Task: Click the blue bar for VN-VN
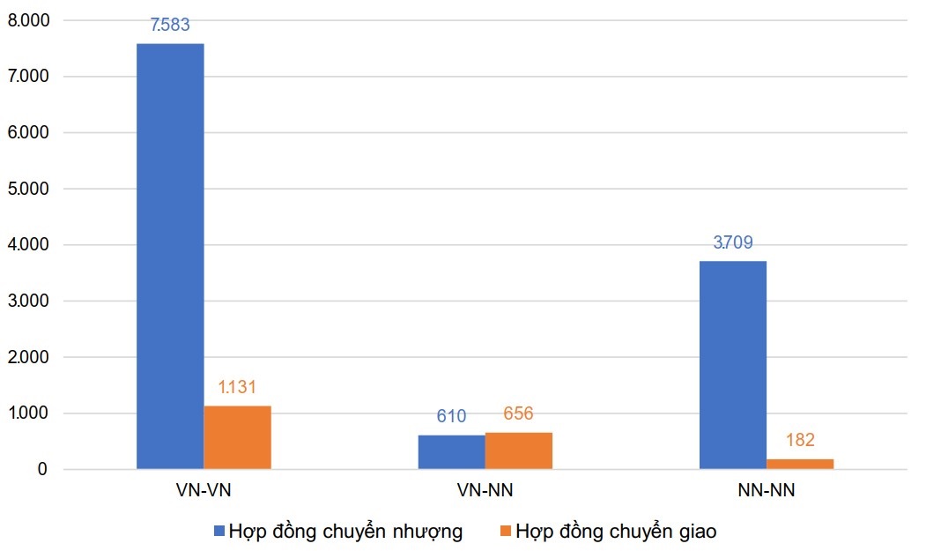(170, 256)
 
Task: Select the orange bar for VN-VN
(237, 437)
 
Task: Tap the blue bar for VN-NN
(451, 451)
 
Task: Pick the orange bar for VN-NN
(518, 450)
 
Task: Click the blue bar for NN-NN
(733, 365)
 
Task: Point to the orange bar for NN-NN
(800, 464)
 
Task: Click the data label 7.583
(170, 25)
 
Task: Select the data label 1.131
(237, 387)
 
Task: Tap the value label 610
(451, 416)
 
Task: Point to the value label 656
(518, 413)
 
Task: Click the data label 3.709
(733, 242)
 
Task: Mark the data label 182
(800, 441)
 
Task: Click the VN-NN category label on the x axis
(485, 491)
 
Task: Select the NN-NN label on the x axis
(766, 491)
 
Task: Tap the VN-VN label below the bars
(204, 491)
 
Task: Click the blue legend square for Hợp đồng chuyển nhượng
(219, 532)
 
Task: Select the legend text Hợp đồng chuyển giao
(616, 532)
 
